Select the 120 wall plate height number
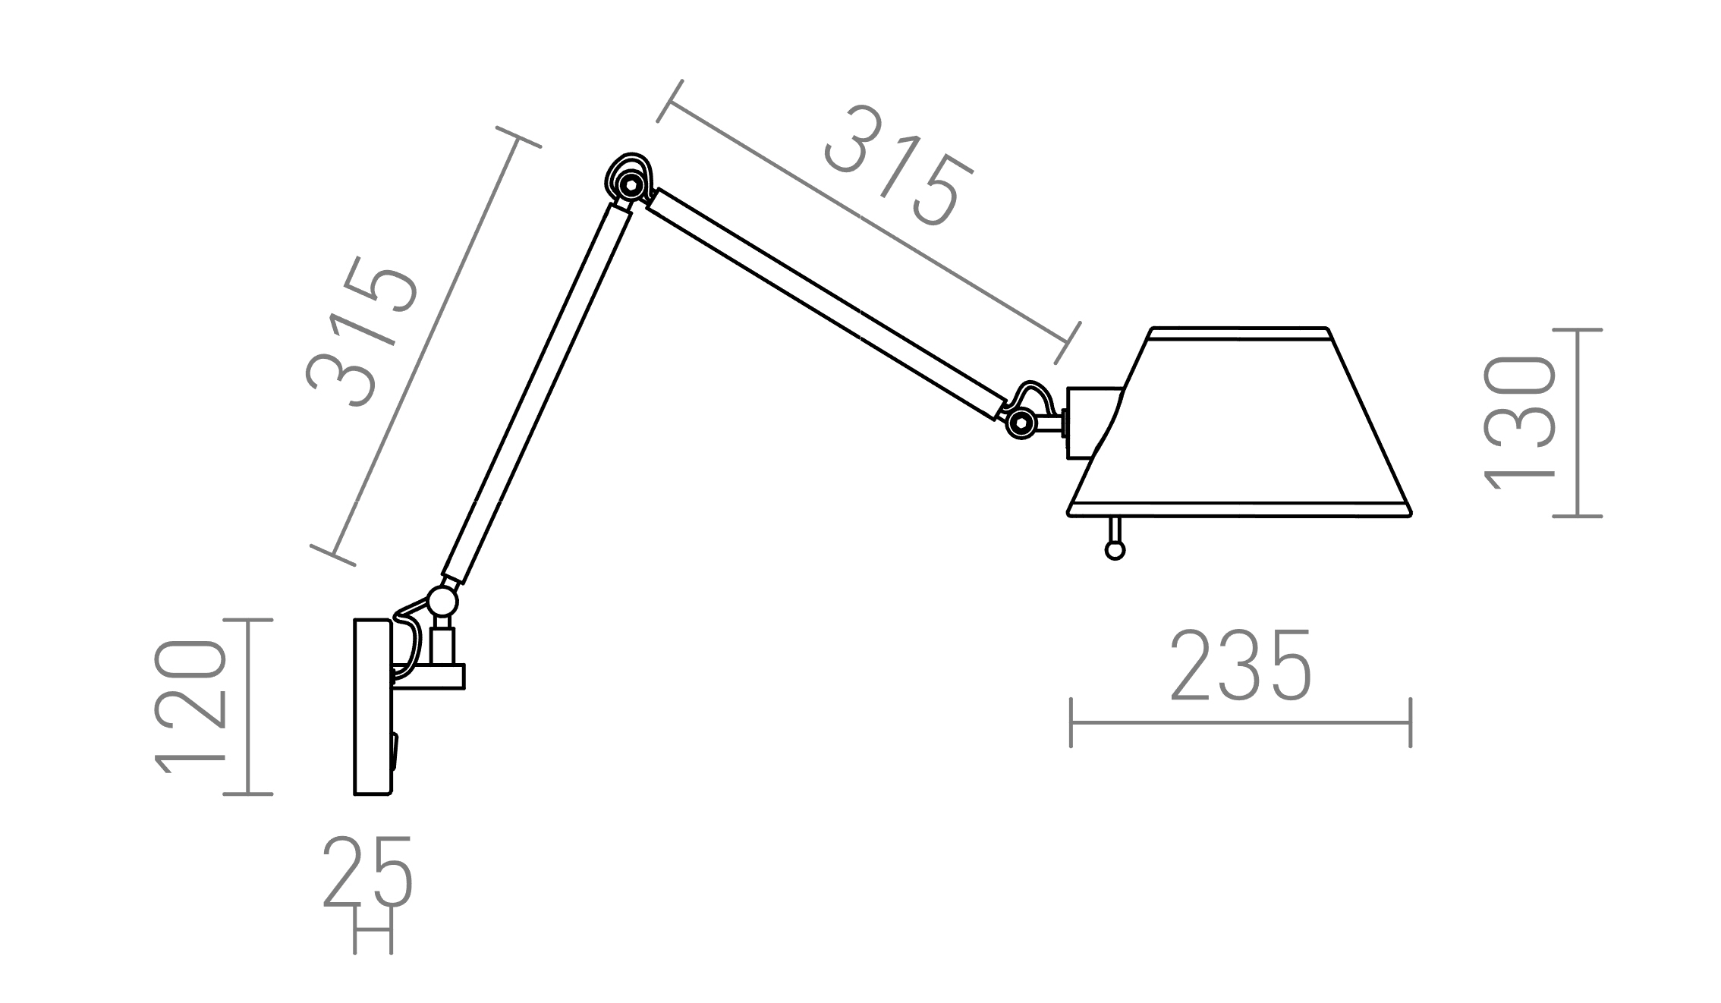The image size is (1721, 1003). [x=190, y=707]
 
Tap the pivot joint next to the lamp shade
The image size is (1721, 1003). [x=1021, y=422]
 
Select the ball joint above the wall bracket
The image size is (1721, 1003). [x=442, y=602]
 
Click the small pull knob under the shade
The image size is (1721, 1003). [x=1114, y=550]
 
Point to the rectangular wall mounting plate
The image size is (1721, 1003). [x=372, y=706]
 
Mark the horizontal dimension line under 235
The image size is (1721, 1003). [x=1240, y=722]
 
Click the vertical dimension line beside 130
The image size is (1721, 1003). [x=1578, y=423]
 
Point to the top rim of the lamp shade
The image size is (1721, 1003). [x=1238, y=332]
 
